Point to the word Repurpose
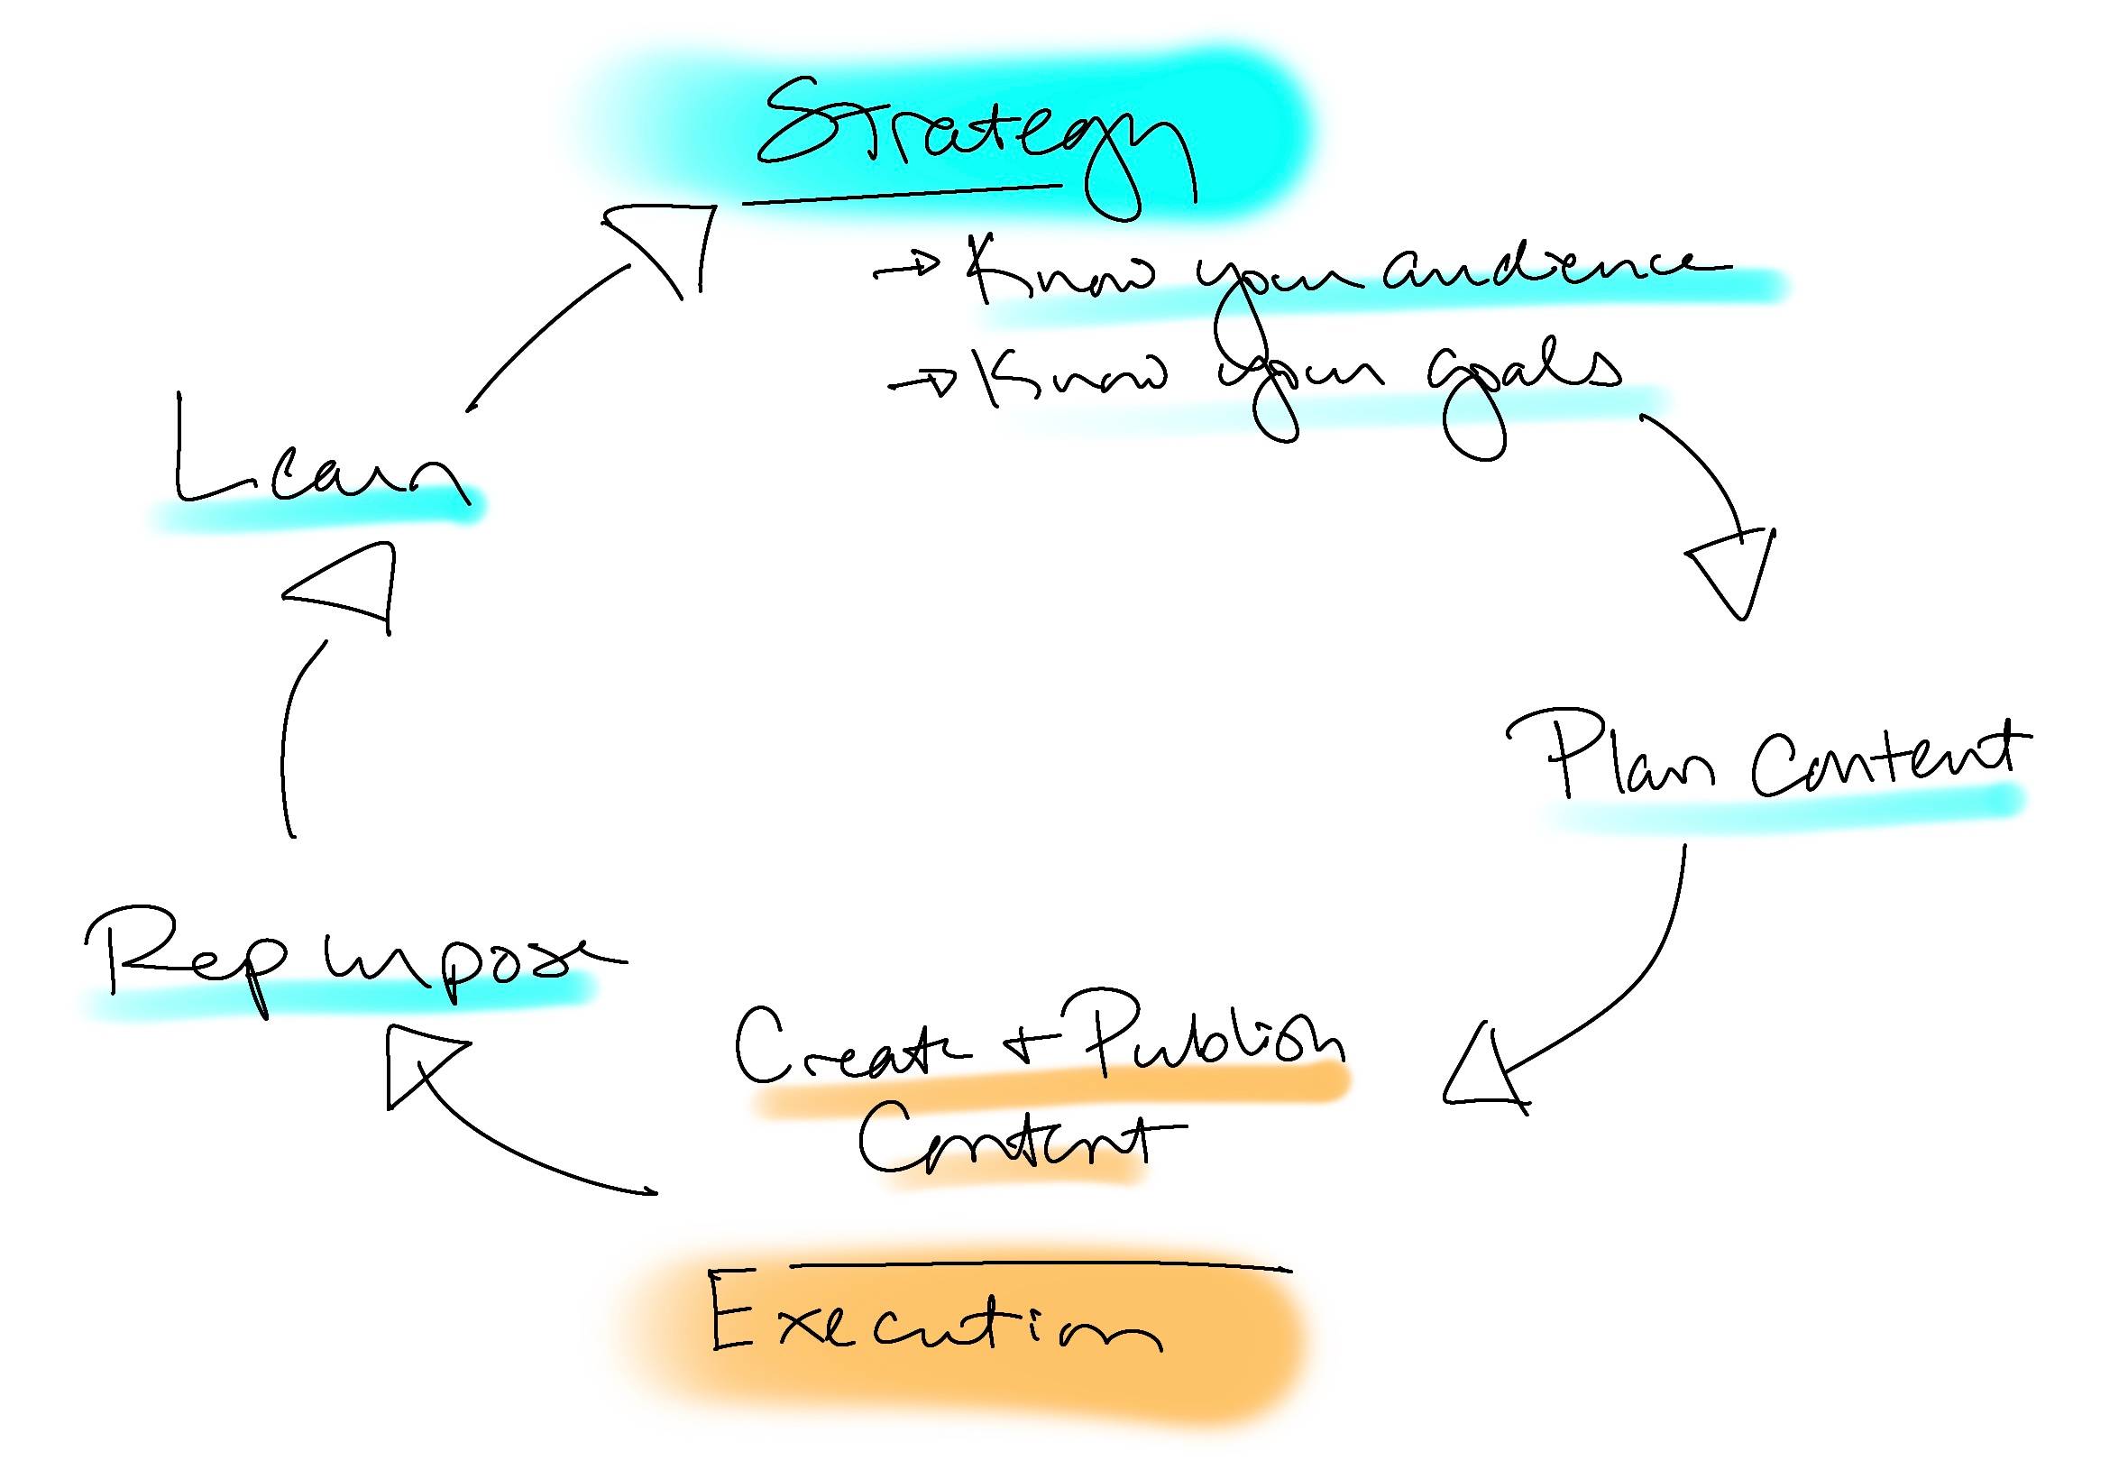click(343, 964)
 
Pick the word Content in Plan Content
click(1881, 760)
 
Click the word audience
click(1547, 269)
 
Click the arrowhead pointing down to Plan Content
click(1732, 570)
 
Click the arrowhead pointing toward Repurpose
click(417, 1066)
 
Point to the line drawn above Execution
click(1038, 1264)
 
